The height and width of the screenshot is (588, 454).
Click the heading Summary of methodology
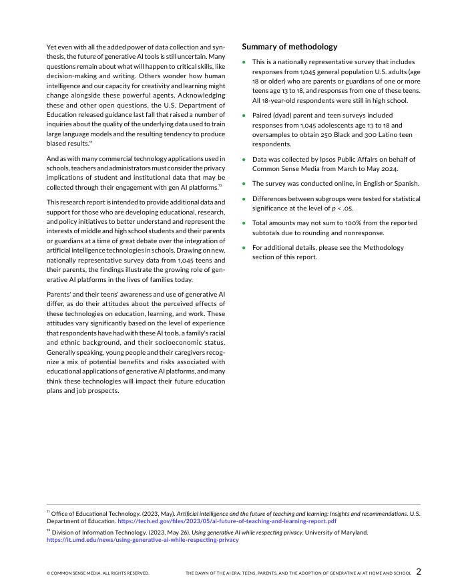point(289,47)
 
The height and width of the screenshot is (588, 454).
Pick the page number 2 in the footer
point(419,572)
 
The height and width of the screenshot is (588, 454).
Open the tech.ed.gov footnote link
point(227,521)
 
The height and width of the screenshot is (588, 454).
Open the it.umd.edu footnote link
point(142,540)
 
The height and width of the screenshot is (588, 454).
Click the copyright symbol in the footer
point(49,573)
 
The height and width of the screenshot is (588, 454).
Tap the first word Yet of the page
point(52,47)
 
